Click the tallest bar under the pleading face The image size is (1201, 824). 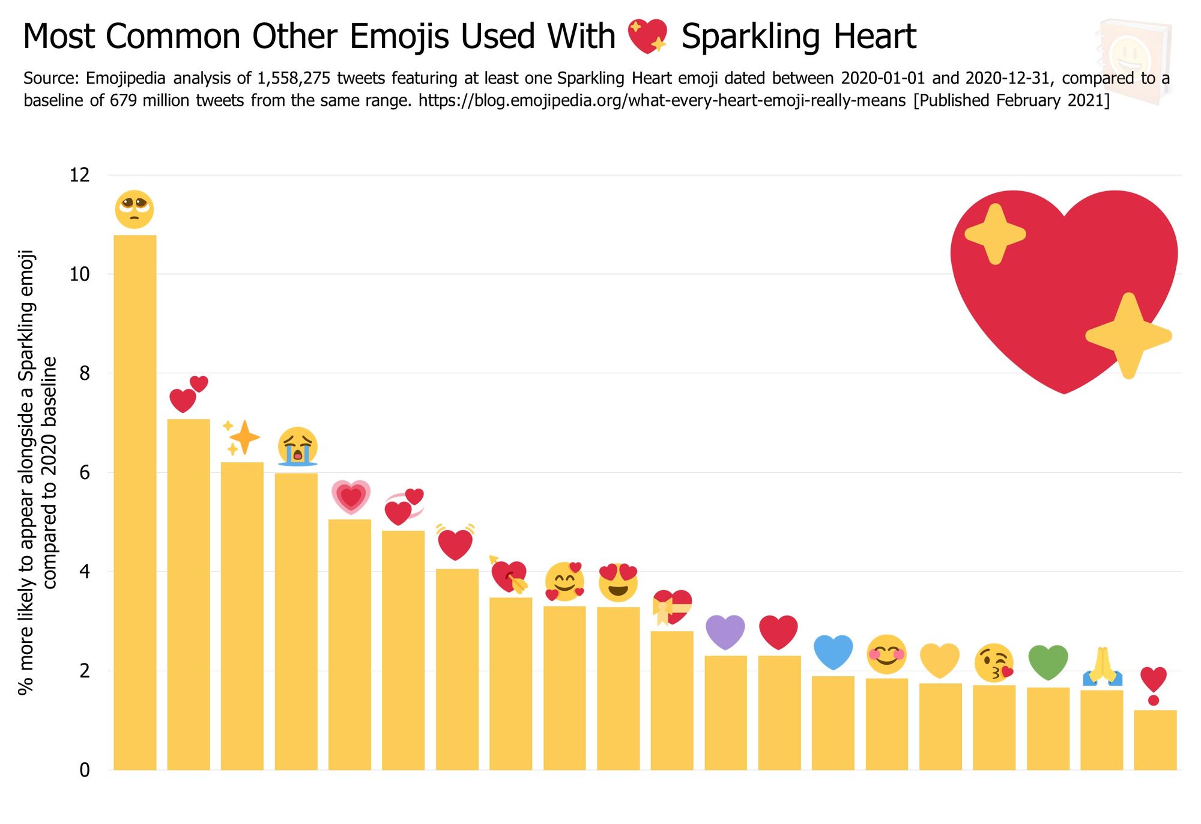pyautogui.click(x=135, y=502)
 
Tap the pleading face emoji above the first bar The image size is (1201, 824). pyautogui.click(x=135, y=209)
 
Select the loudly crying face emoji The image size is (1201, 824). pyautogui.click(x=297, y=447)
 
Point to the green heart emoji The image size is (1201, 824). pyautogui.click(x=1048, y=662)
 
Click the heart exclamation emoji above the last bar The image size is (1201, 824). pyautogui.click(x=1154, y=685)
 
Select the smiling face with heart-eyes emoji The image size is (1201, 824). pyautogui.click(x=618, y=582)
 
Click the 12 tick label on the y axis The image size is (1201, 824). pyautogui.click(x=79, y=175)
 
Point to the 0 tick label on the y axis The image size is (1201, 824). pyautogui.click(x=84, y=770)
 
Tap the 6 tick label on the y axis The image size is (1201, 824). pyautogui.click(x=84, y=472)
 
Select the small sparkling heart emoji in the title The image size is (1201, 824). pyautogui.click(x=647, y=36)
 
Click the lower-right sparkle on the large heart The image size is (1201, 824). pyautogui.click(x=1128, y=335)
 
